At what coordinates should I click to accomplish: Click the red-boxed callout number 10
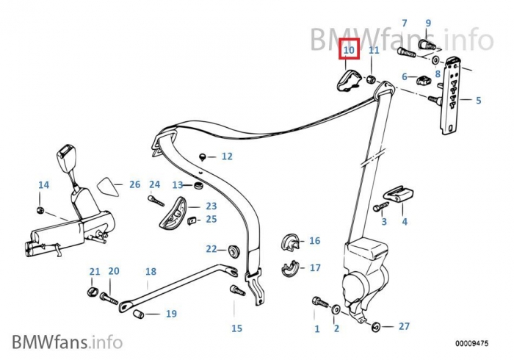click(349, 50)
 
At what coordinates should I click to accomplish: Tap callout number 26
click(134, 184)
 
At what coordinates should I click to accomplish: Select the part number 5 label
click(478, 101)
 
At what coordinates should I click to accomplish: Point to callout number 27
click(404, 326)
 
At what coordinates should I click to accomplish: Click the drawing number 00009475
click(471, 343)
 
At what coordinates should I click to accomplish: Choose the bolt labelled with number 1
click(318, 301)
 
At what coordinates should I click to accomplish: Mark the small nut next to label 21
click(92, 292)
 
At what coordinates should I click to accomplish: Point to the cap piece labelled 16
click(291, 242)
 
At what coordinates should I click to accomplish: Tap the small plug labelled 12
click(203, 156)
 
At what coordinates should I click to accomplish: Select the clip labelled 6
click(424, 80)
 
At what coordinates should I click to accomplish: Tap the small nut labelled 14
click(42, 211)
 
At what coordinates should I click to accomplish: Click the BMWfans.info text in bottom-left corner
click(67, 342)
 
